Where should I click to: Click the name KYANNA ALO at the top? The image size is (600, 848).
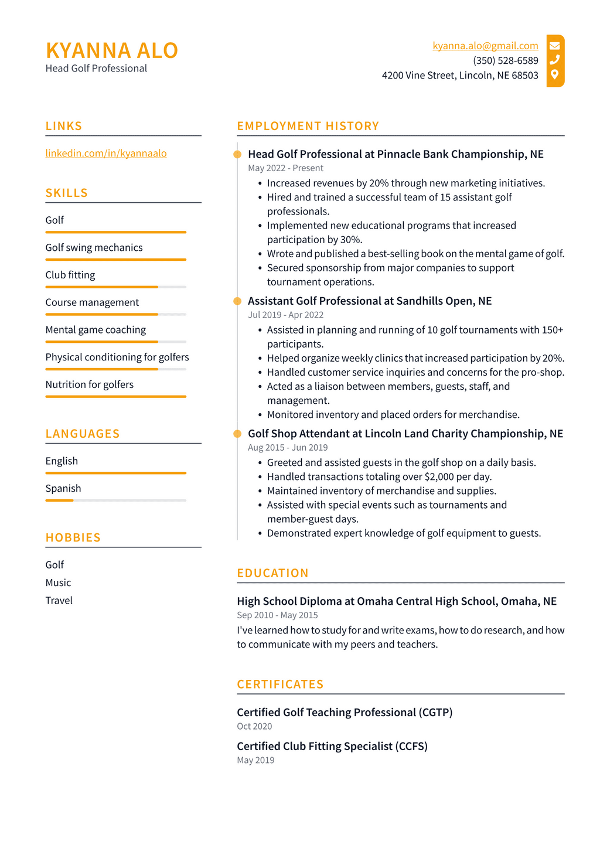pos(111,50)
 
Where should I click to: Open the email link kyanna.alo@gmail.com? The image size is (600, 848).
pos(485,46)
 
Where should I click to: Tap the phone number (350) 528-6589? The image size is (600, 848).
pos(505,60)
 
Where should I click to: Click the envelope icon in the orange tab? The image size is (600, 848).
pos(554,46)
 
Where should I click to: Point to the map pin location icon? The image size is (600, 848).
pos(554,74)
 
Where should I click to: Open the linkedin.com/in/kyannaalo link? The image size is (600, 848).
pos(106,153)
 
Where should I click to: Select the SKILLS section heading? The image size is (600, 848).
pos(67,193)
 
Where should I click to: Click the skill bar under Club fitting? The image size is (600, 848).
pos(115,287)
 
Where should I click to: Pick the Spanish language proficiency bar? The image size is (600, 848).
pos(115,500)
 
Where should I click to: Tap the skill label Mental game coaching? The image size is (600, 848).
pos(96,329)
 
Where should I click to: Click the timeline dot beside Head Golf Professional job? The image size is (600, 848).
pos(237,154)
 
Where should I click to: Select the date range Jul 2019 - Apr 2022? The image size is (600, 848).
pos(285,315)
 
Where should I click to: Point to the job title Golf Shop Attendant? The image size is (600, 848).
pos(299,433)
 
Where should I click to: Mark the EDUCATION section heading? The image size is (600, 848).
pos(272,573)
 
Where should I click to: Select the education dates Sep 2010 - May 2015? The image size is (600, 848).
pos(277,615)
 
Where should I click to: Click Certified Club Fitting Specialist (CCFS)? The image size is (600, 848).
pos(332,746)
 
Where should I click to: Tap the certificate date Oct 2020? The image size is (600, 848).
pos(254,726)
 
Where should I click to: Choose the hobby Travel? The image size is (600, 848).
pos(59,600)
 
